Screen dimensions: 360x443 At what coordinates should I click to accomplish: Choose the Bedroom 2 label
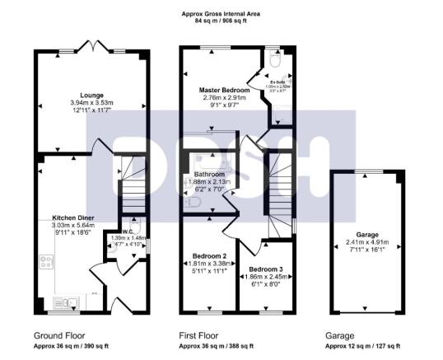point(203,255)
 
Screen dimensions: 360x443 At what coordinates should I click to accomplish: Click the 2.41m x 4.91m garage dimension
point(366,243)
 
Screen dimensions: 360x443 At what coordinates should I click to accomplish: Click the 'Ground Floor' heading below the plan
point(60,336)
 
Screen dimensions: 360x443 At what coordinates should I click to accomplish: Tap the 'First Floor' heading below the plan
point(203,336)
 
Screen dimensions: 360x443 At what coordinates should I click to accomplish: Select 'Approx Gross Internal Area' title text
point(223,13)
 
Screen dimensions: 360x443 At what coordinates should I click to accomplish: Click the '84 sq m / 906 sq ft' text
point(223,21)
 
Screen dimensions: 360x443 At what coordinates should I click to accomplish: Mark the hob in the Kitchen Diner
point(45,264)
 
